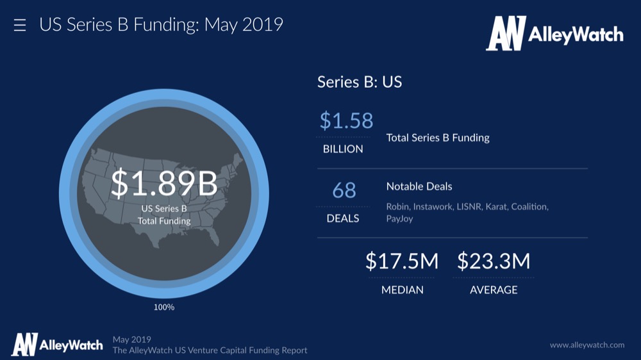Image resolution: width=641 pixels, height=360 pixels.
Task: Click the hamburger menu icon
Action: coord(20,26)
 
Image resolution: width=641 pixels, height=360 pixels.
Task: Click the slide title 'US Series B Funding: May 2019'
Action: coord(161,25)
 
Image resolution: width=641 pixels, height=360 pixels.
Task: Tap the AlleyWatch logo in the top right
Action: coord(554,33)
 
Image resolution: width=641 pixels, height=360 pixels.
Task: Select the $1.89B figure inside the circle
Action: coord(164,183)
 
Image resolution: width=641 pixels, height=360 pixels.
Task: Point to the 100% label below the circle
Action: coord(164,307)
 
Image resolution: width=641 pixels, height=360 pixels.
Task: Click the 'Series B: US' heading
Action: coord(360,82)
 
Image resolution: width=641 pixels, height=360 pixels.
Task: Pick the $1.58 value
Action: coord(346,120)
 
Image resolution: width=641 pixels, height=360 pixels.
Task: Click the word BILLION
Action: coord(342,149)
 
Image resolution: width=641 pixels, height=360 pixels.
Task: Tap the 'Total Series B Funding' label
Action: coord(438,137)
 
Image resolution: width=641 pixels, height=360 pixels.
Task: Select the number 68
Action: coord(344,190)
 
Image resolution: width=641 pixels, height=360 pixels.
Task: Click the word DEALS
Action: coord(342,218)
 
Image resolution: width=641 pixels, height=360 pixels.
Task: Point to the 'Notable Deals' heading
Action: coord(419,186)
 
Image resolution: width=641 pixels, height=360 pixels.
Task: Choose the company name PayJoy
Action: coord(399,218)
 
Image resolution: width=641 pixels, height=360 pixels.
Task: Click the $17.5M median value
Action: coord(402,261)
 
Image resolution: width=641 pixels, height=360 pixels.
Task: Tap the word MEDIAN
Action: coord(402,290)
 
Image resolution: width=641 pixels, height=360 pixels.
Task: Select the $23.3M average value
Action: coord(494,261)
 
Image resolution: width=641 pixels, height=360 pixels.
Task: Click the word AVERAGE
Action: coord(494,290)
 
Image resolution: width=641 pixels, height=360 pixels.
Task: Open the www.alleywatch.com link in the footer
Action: coord(587,345)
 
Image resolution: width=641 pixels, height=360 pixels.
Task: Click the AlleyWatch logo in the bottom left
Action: coord(57,344)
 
